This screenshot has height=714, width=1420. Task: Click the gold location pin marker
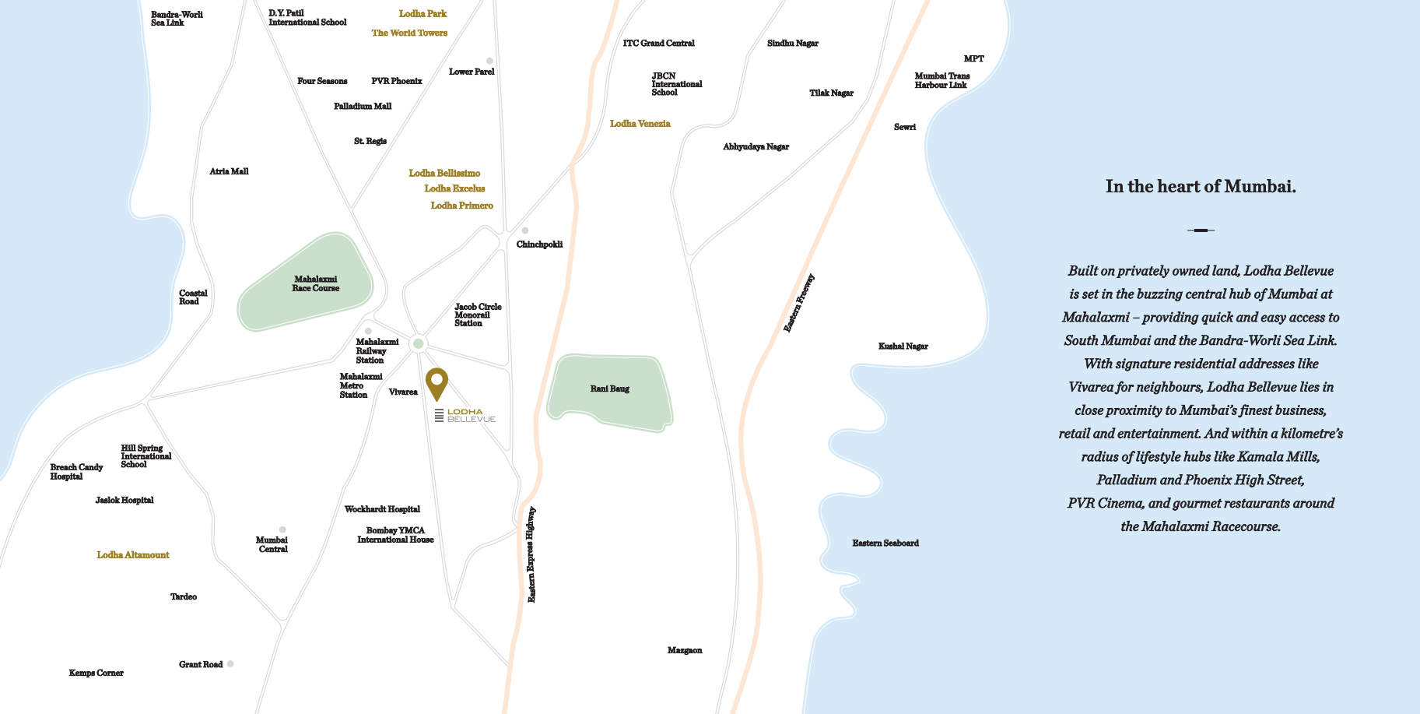(x=437, y=382)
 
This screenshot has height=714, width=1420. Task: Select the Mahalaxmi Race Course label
(x=315, y=283)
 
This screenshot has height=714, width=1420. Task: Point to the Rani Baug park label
(x=609, y=389)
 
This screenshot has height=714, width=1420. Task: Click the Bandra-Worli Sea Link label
(x=176, y=19)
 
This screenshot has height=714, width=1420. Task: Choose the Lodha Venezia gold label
(x=640, y=124)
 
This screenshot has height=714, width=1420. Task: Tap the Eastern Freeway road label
(x=798, y=304)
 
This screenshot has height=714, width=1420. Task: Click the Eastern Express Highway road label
(x=531, y=554)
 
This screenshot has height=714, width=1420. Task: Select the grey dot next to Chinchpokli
(x=525, y=230)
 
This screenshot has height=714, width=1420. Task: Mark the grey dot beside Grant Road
(x=230, y=663)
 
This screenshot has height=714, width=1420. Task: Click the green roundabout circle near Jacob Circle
(x=419, y=343)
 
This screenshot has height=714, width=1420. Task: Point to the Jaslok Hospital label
(x=124, y=500)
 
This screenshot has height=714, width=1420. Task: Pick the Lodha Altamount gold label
(x=133, y=555)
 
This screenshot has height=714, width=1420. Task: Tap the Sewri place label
(x=904, y=127)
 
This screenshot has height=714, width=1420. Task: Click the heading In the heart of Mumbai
(x=1201, y=187)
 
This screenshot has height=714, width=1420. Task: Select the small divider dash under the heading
(x=1201, y=230)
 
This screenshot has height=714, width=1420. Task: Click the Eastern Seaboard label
(x=885, y=543)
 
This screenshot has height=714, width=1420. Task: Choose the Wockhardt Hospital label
(x=382, y=509)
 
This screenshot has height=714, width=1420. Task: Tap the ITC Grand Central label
(x=658, y=44)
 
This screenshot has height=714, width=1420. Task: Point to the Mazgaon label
(x=685, y=650)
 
